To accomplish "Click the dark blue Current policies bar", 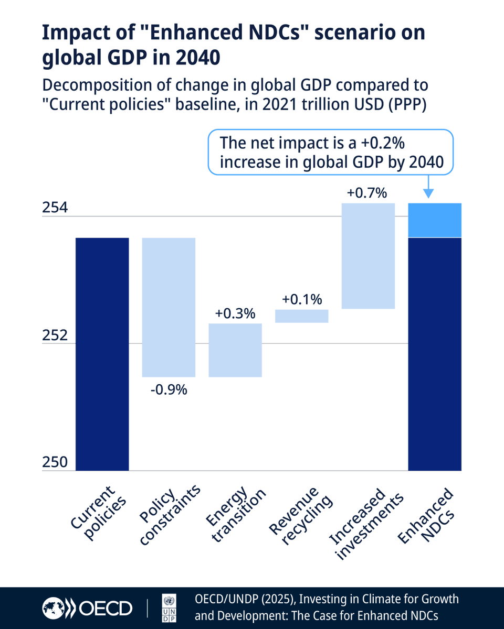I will pyautogui.click(x=102, y=354).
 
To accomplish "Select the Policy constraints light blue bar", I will pyautogui.click(x=169, y=307).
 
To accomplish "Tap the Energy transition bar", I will pyautogui.click(x=235, y=350).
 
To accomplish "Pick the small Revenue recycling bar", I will pyautogui.click(x=302, y=316).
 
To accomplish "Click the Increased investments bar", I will pyautogui.click(x=368, y=256).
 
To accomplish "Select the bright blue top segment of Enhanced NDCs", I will pyautogui.click(x=435, y=220).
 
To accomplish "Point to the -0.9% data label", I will pyautogui.click(x=169, y=390).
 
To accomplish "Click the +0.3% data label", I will pyautogui.click(x=235, y=313).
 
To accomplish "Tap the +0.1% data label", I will pyautogui.click(x=302, y=299).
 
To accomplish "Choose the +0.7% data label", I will pyautogui.click(x=367, y=193).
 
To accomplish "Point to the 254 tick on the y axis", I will pyautogui.click(x=55, y=208).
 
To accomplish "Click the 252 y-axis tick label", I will pyautogui.click(x=55, y=335).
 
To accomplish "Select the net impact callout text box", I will pyautogui.click(x=330, y=153).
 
